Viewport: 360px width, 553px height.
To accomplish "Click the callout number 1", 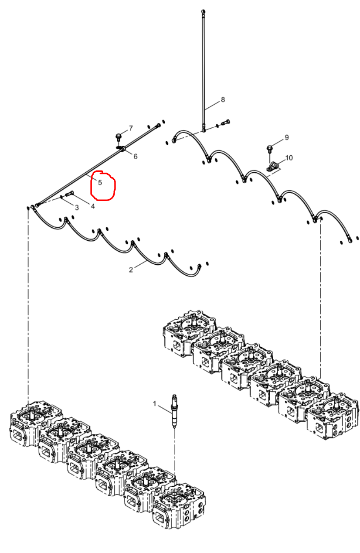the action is [x=154, y=404].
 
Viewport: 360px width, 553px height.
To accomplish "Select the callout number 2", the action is [x=131, y=270].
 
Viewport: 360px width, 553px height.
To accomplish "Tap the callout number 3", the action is [x=77, y=208].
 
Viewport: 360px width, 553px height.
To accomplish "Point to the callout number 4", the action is [x=93, y=206].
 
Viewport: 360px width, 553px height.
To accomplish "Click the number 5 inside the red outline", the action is [x=100, y=182].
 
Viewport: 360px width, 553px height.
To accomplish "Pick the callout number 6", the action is [x=135, y=156].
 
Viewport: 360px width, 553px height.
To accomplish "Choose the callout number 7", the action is [x=131, y=128].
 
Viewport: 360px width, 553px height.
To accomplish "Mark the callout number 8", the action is [x=223, y=99].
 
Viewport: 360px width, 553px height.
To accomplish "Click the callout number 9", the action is [x=286, y=137].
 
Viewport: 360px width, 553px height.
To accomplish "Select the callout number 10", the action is [x=289, y=158].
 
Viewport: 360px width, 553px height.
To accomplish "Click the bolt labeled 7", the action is [x=119, y=137].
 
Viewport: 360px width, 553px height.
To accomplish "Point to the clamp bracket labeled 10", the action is [x=272, y=166].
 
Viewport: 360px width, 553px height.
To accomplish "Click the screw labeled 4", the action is [x=70, y=194].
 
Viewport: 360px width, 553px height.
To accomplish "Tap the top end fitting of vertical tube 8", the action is [x=203, y=11].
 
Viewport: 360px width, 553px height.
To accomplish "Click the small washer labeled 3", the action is [x=61, y=197].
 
